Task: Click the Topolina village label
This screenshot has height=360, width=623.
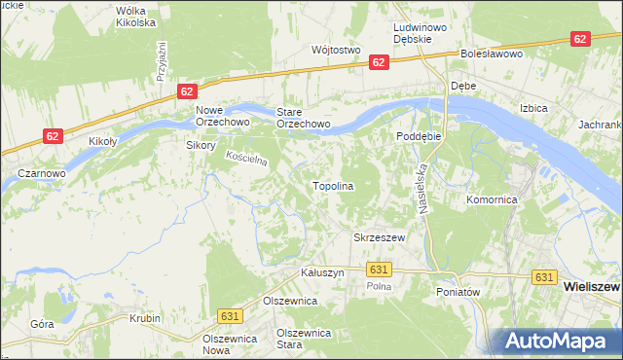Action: click(x=332, y=185)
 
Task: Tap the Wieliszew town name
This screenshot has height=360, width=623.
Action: click(x=592, y=288)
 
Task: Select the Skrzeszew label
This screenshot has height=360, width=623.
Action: click(x=378, y=237)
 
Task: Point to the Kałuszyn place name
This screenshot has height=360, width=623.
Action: click(x=323, y=273)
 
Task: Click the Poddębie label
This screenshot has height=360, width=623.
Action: click(x=419, y=136)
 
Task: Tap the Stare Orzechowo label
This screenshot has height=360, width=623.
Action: click(x=303, y=118)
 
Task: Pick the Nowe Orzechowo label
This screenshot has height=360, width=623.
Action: click(x=223, y=116)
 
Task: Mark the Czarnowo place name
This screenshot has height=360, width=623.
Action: click(x=42, y=173)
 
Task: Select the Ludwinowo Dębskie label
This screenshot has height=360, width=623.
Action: click(x=420, y=35)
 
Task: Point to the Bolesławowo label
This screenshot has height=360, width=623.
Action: click(x=493, y=54)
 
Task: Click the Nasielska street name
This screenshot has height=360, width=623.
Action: click(x=422, y=180)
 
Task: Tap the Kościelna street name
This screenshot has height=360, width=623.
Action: click(x=246, y=160)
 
